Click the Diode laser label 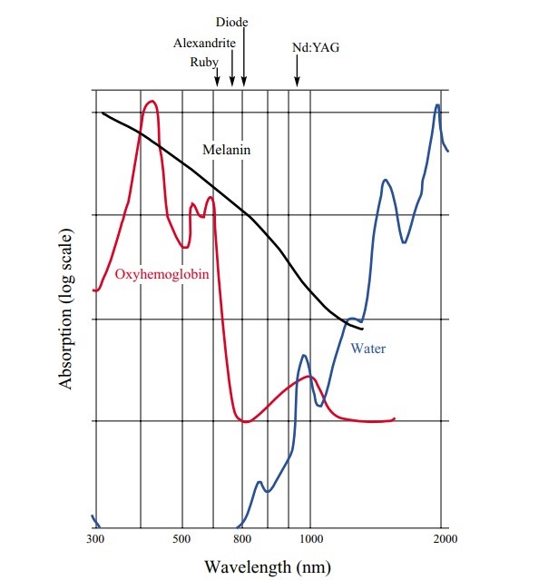[232, 21]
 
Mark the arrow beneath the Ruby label [217, 78]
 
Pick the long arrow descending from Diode [243, 56]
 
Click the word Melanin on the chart [226, 150]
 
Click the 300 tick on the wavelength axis [96, 539]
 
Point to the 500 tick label [182, 539]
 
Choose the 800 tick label [242, 539]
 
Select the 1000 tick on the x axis [310, 539]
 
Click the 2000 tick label [445, 539]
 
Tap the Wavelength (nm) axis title [269, 567]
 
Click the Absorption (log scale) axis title [65, 309]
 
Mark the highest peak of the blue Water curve [438, 104]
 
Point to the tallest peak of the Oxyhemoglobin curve [152, 101]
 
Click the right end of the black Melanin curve [362, 328]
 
